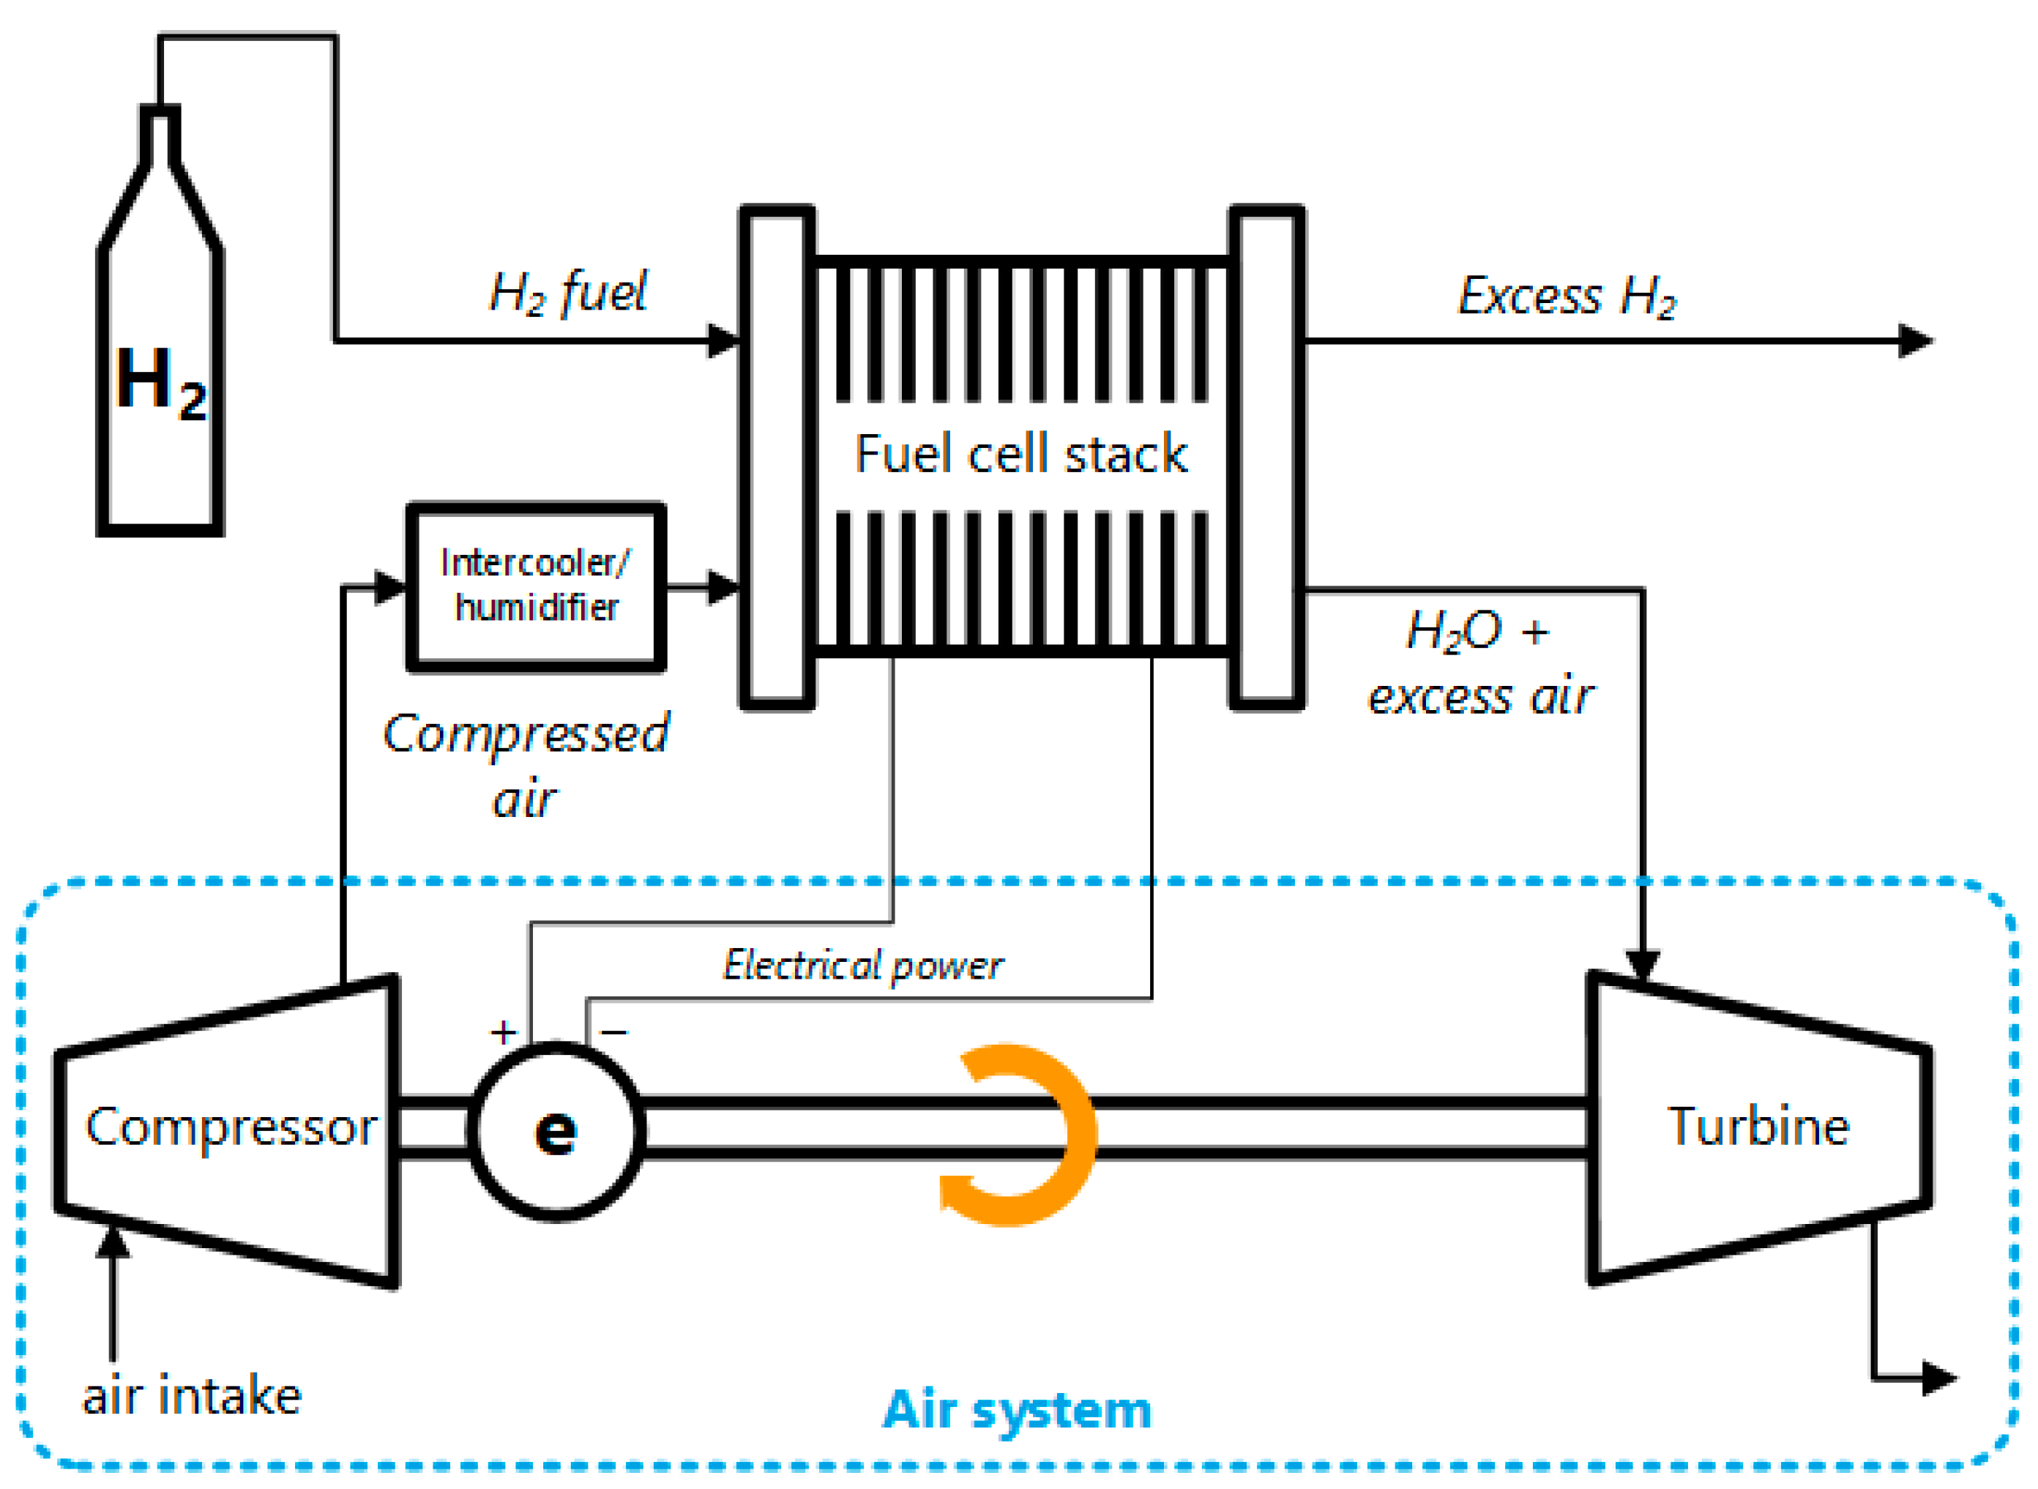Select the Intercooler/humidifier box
tap(537, 587)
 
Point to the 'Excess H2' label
tap(1567, 296)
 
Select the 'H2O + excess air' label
tap(1480, 663)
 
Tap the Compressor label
tap(231, 1127)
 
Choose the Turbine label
tap(1758, 1126)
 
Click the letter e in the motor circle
tap(556, 1132)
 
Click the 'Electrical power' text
tap(862, 966)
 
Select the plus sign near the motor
tap(503, 1032)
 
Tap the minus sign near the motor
tap(614, 1032)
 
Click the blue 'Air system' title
tap(1017, 1410)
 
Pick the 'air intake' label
tap(191, 1396)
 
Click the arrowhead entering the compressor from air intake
tap(113, 1242)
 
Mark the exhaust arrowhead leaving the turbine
tap(1938, 1378)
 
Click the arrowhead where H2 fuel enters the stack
tap(724, 340)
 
